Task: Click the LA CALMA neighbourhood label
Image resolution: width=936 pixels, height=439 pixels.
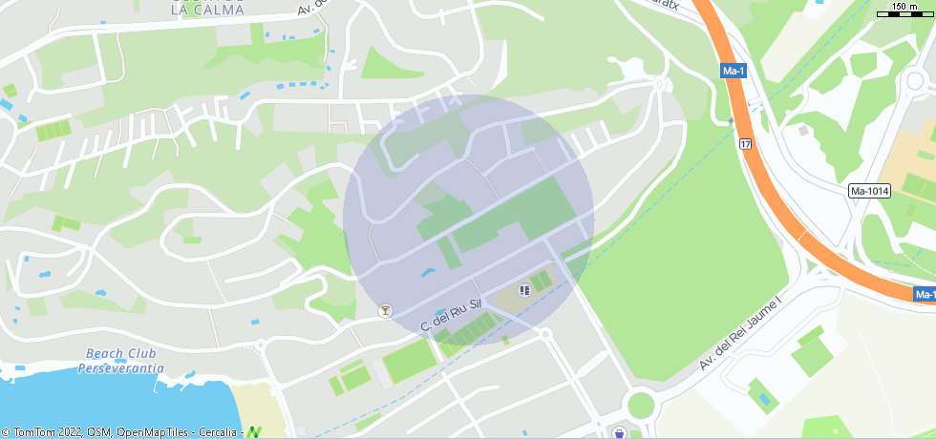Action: click(x=206, y=10)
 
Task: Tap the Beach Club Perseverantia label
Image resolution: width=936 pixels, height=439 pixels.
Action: click(x=120, y=360)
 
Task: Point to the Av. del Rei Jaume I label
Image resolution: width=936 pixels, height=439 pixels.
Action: click(x=739, y=332)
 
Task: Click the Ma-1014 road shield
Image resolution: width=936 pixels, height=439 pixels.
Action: click(x=869, y=192)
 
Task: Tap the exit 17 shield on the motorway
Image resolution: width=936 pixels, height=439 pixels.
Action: click(x=745, y=144)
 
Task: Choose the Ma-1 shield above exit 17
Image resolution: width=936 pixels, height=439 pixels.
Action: click(x=734, y=72)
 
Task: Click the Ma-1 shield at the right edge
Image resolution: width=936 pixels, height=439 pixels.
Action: click(x=925, y=295)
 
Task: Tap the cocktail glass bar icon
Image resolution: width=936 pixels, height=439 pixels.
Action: click(x=385, y=310)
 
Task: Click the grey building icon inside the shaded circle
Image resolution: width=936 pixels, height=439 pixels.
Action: click(x=523, y=289)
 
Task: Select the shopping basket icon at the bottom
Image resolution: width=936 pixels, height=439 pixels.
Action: click(x=620, y=433)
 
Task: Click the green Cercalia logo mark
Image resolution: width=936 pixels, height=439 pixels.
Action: click(x=253, y=432)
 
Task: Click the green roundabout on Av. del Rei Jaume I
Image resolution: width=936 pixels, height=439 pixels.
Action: click(x=640, y=405)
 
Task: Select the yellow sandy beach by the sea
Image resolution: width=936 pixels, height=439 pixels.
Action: click(x=253, y=406)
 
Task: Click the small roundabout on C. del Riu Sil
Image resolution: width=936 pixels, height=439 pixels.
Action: click(x=544, y=334)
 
